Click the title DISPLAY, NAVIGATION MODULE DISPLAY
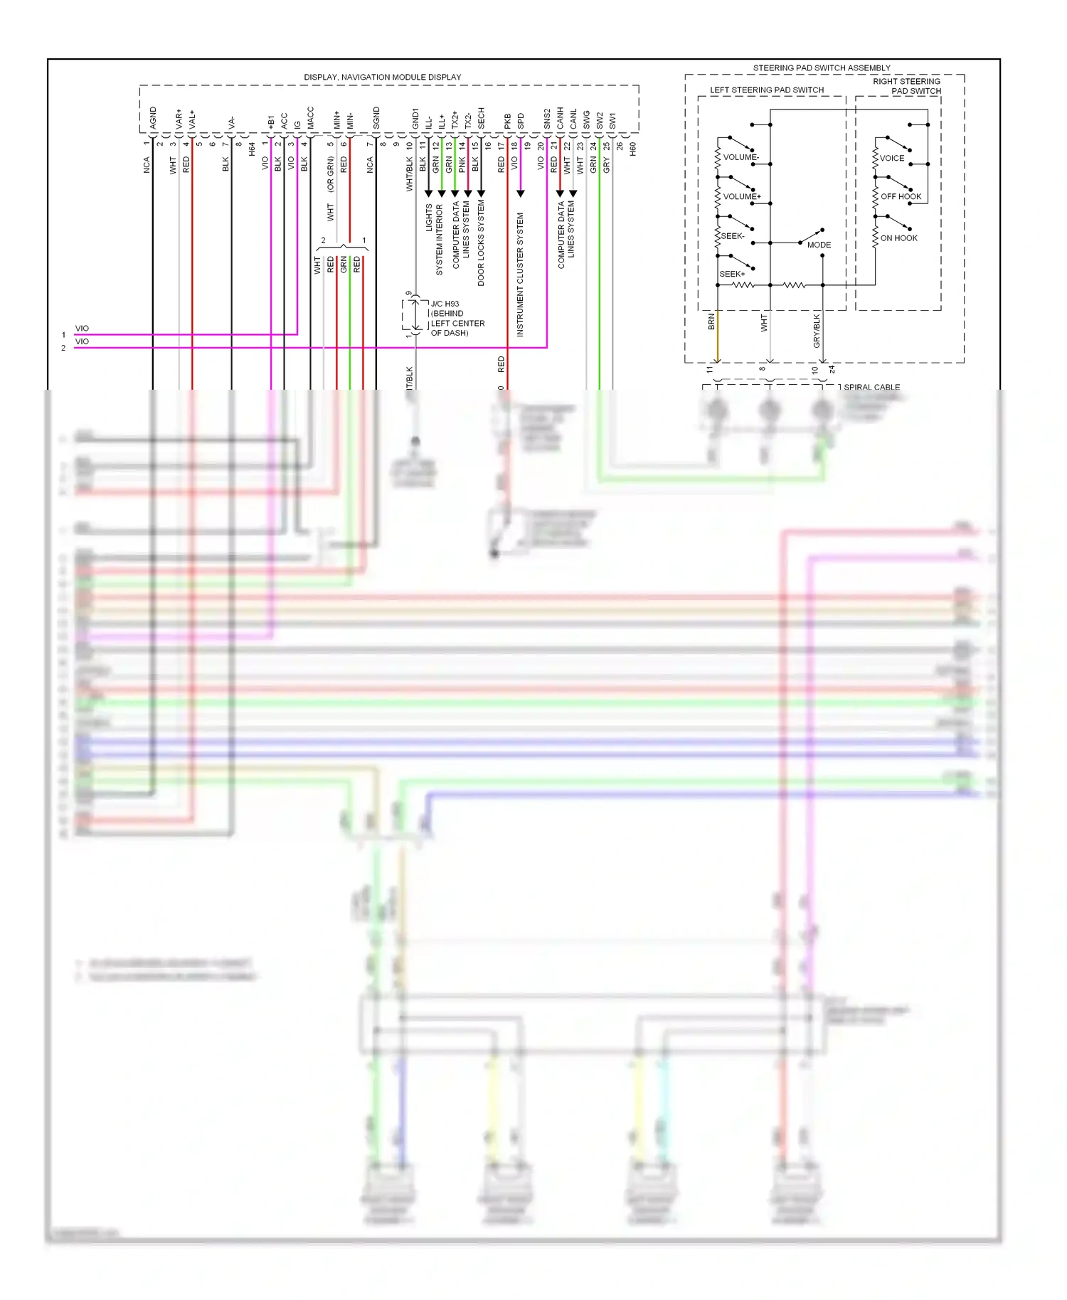pos(382,77)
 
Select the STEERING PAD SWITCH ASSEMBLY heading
pos(822,68)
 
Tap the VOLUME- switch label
pos(741,157)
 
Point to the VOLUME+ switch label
pos(742,196)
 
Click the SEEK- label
pos(733,235)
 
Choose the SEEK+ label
pos(732,274)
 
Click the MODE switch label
pos(819,245)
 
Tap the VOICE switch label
pos(892,158)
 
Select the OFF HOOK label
pos(901,196)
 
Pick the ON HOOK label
pos(898,238)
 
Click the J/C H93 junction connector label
pos(445,304)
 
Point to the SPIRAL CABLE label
pos(871,387)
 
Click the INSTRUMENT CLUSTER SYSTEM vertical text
pos(520,275)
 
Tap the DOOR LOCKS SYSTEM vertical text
pos(481,243)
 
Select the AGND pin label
pos(153,117)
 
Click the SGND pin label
pos(376,117)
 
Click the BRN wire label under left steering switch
pos(711,322)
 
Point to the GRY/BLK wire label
pos(817,331)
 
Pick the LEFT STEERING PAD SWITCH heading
pos(767,90)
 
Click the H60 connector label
pos(632,149)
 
